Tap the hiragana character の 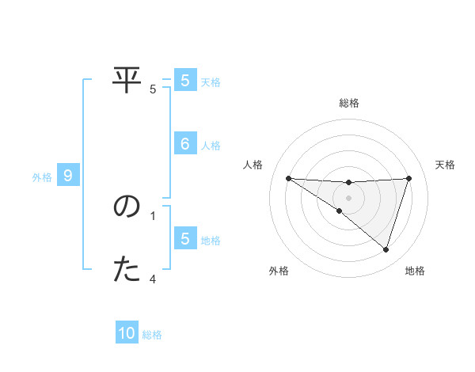[127, 207]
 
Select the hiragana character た [127, 270]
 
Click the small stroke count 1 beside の [153, 215]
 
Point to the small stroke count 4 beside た [153, 279]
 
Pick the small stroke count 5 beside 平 [153, 89]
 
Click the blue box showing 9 [68, 176]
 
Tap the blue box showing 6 [184, 144]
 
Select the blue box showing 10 [127, 333]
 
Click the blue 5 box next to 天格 [184, 81]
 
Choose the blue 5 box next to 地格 [184, 239]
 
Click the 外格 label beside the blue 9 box [42, 177]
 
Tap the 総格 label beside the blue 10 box [152, 335]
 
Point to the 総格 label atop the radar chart [348, 103]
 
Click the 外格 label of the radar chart [279, 271]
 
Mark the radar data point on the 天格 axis [408, 178]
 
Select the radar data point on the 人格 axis [288, 178]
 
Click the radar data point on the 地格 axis [386, 249]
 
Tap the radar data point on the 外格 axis [340, 211]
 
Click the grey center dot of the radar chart [348, 197]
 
